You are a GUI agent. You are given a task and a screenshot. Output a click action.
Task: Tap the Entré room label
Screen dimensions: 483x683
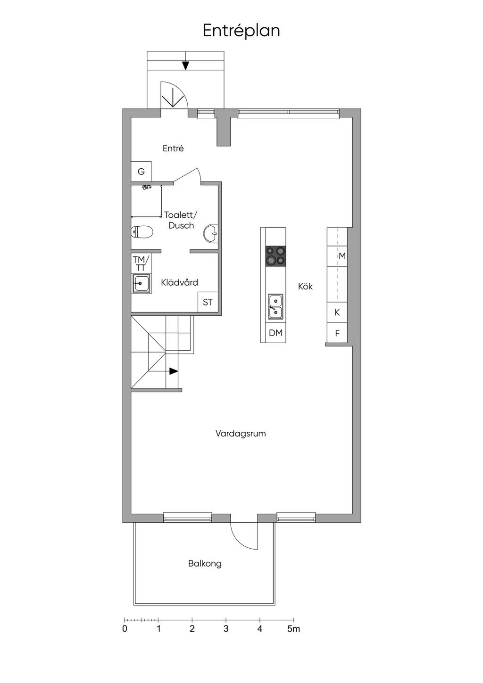[173, 148]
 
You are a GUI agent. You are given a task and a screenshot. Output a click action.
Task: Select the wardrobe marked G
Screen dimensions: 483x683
[141, 172]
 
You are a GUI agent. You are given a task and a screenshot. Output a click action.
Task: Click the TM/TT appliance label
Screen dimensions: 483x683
[141, 263]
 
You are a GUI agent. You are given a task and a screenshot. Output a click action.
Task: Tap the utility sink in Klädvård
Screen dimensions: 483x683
[141, 284]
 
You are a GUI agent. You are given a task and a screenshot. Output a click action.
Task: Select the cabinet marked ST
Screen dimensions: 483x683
[208, 302]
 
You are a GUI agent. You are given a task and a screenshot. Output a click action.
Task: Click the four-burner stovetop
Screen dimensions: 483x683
[275, 256]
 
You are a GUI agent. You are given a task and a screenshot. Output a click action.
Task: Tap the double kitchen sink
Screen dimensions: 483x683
[275, 306]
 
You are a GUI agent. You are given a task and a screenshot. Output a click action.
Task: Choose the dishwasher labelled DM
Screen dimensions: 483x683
[275, 333]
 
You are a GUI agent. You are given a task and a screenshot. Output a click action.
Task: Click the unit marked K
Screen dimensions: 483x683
[337, 312]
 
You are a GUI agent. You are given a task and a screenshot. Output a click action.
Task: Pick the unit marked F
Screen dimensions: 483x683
[337, 333]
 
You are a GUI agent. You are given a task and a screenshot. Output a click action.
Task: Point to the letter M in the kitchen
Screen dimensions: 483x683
[342, 256]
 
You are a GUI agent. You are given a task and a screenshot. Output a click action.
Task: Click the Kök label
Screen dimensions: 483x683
[306, 286]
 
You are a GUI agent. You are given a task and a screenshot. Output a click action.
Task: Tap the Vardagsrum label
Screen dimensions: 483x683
[241, 433]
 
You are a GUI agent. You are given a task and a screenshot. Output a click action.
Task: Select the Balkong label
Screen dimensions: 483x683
[205, 563]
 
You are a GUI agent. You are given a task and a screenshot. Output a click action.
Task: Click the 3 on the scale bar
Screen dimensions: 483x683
[226, 629]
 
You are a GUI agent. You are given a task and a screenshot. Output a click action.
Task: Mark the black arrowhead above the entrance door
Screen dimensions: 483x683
[185, 66]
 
